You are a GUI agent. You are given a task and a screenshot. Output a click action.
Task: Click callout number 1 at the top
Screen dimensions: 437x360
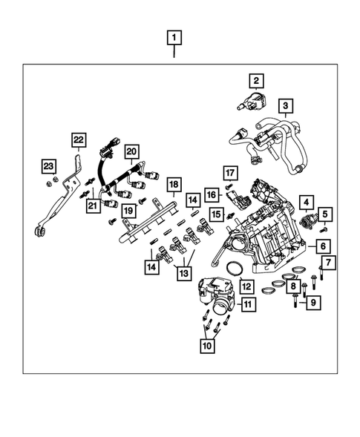(x=173, y=37)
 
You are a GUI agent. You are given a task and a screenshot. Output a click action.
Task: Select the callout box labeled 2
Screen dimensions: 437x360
(x=255, y=81)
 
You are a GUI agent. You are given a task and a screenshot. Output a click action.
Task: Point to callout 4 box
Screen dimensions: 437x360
(x=304, y=201)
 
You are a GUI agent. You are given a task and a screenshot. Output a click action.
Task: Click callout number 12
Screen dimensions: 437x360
(x=246, y=285)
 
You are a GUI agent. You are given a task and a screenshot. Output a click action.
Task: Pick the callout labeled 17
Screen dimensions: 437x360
(x=229, y=175)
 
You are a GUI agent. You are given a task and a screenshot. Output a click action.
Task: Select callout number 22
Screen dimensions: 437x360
(x=79, y=139)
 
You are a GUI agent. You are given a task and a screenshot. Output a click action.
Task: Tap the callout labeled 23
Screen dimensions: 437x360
(x=47, y=165)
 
